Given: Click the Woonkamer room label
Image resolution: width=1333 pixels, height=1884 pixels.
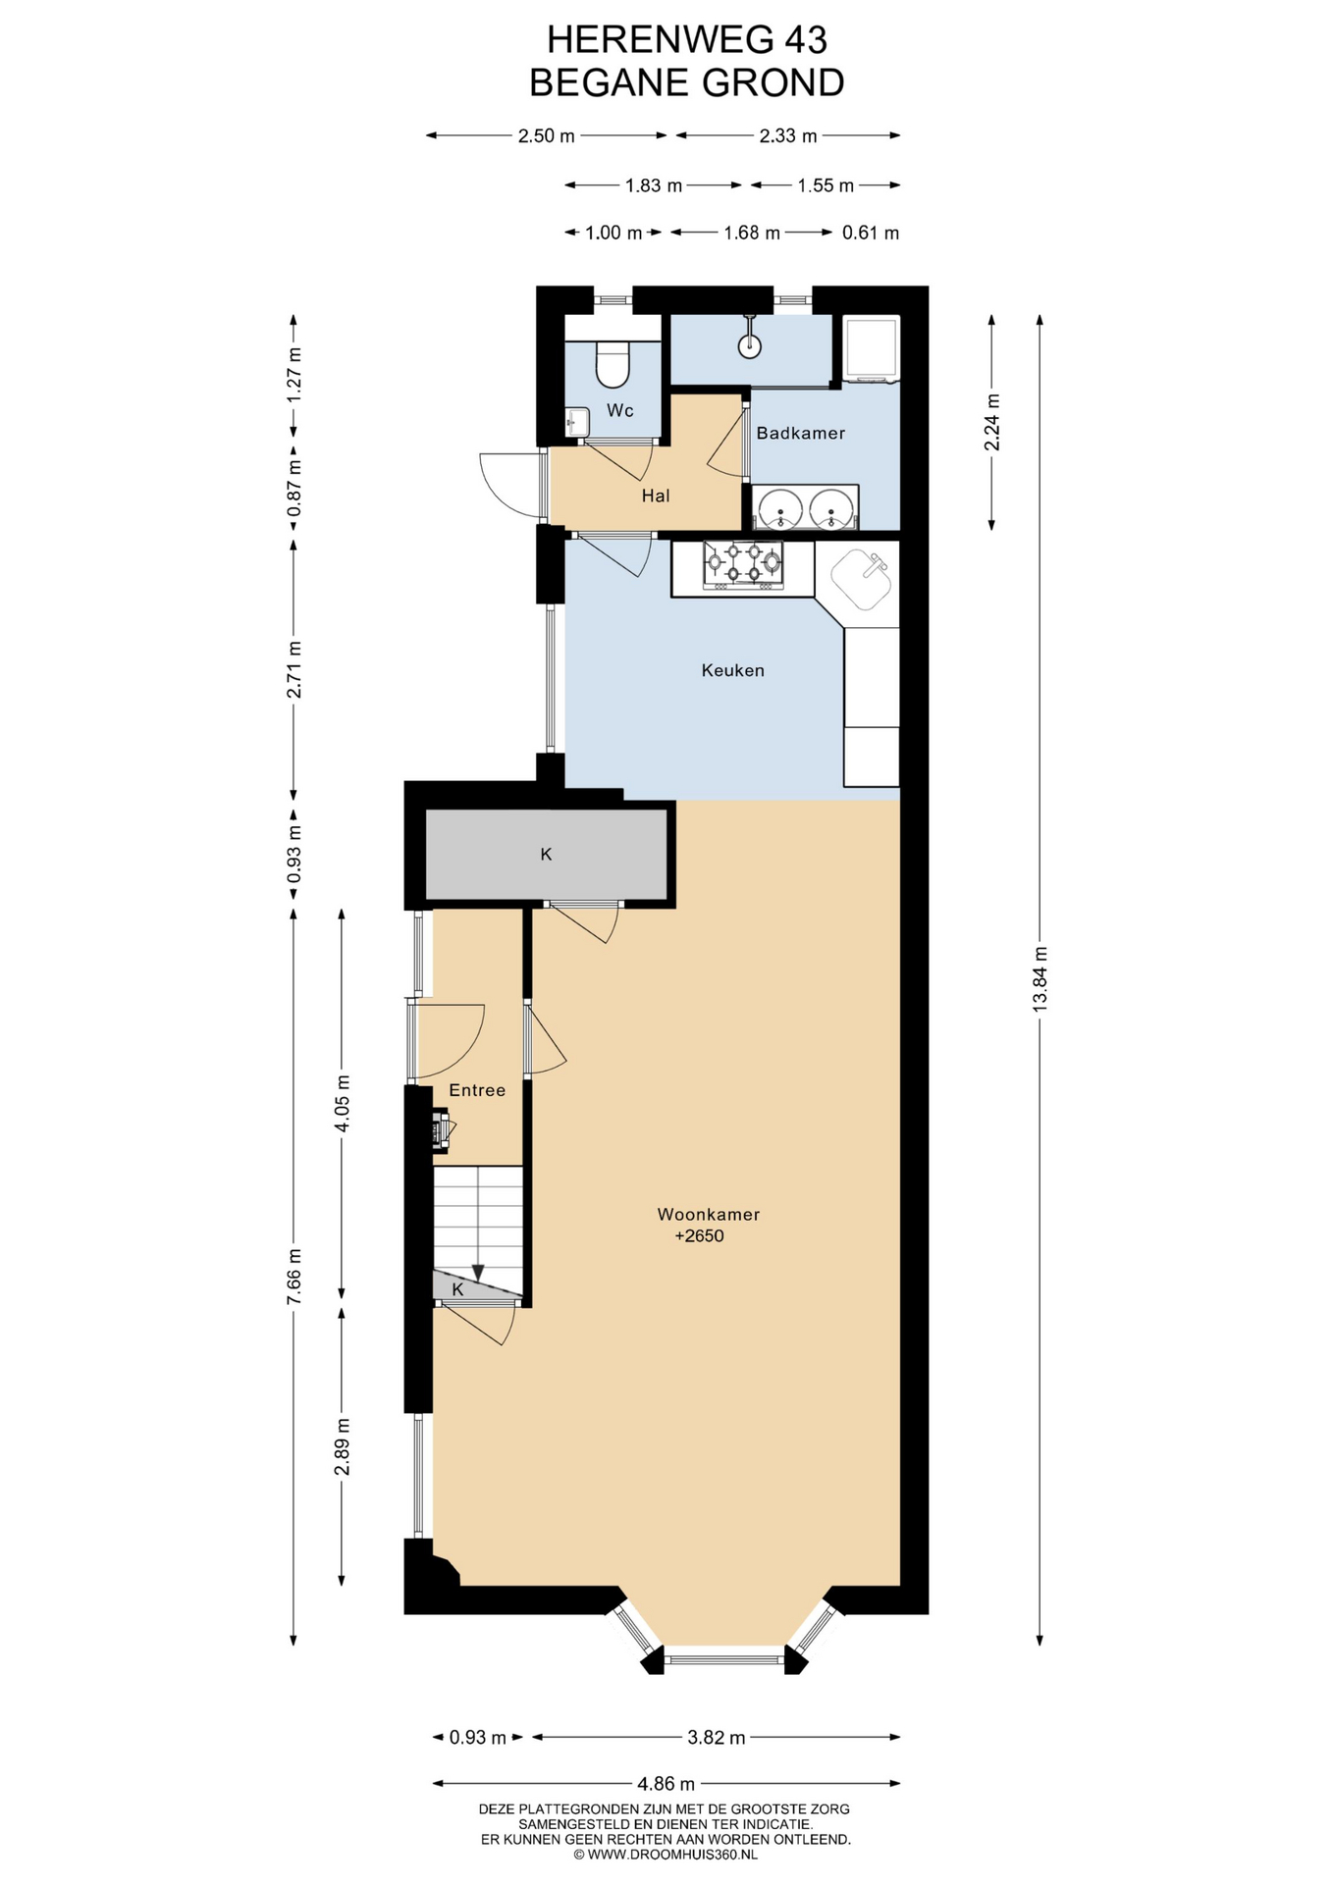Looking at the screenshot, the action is click(709, 1214).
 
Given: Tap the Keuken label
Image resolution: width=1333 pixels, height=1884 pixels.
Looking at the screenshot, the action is click(733, 670).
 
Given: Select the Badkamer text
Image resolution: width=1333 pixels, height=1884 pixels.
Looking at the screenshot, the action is click(801, 433).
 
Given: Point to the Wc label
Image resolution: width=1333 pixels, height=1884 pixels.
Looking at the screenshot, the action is click(620, 410).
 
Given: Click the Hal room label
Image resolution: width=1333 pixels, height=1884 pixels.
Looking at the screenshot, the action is click(656, 496).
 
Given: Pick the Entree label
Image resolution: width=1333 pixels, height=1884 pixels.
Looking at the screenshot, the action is click(478, 1090).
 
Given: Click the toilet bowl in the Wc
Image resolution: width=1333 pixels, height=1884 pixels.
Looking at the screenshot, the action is click(613, 363).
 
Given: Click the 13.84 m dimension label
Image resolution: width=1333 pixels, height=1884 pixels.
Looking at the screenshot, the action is click(1040, 978).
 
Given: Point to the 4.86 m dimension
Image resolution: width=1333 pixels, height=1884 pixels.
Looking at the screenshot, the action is click(666, 1783).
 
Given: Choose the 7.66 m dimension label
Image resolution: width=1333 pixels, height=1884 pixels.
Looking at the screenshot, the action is click(293, 1277).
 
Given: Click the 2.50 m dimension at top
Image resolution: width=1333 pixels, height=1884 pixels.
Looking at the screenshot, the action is click(547, 135).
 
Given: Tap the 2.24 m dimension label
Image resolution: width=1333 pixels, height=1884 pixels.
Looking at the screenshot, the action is click(992, 422).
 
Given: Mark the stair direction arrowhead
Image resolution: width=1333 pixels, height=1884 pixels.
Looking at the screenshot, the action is click(478, 1273).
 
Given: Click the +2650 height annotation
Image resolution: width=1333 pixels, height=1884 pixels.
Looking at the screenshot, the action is click(700, 1235).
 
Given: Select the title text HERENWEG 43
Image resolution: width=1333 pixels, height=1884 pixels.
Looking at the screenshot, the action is click(687, 39).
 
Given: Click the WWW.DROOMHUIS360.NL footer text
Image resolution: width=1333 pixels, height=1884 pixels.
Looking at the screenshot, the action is click(666, 1854).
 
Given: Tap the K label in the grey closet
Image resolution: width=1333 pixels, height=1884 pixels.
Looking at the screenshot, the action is click(547, 854).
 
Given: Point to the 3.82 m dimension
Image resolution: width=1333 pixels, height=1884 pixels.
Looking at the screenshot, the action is click(717, 1737).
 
